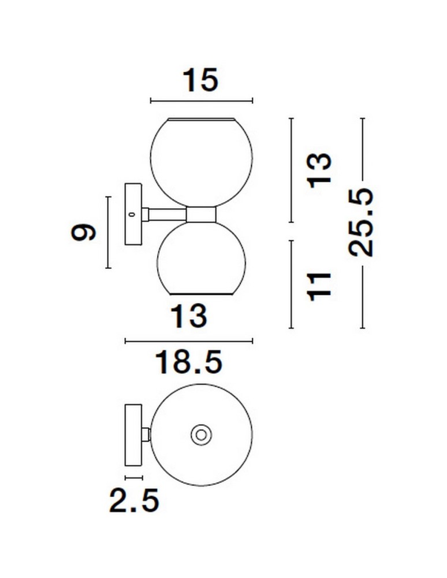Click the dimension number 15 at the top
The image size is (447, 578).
coord(201,80)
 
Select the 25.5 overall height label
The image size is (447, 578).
coord(362,223)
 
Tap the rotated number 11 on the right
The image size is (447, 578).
coord(319,285)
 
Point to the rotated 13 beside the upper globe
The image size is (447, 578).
coord(319,169)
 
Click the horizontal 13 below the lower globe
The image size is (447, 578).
coord(188,316)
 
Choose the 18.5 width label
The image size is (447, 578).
coord(188,363)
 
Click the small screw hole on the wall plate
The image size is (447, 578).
coord(131,214)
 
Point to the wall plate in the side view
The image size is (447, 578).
coord(133,215)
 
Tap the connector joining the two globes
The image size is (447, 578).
coord(200,214)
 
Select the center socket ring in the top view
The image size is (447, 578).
coord(201,435)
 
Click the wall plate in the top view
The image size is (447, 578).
coord(133,435)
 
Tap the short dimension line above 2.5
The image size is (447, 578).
coord(133,477)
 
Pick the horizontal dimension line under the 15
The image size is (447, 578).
coord(201,101)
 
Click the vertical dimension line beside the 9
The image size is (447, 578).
coord(107,232)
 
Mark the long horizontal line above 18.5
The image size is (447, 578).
coord(188,342)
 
